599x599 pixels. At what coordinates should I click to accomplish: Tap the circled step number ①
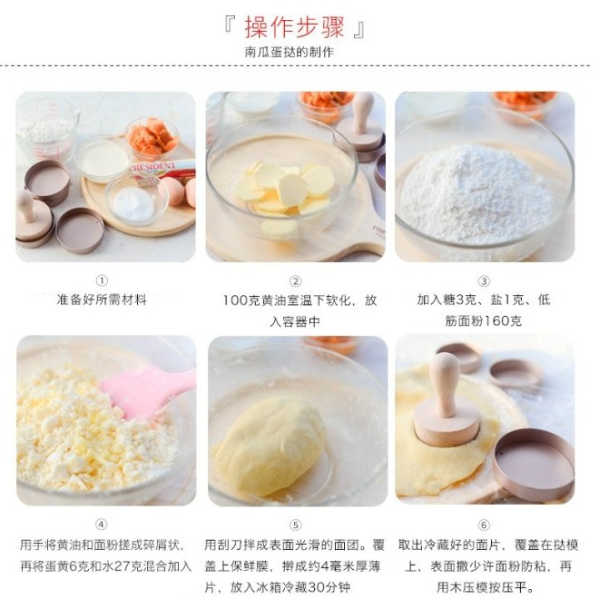102,280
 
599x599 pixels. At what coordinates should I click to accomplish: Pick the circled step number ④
102,524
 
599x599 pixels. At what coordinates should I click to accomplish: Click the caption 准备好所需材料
102,299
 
